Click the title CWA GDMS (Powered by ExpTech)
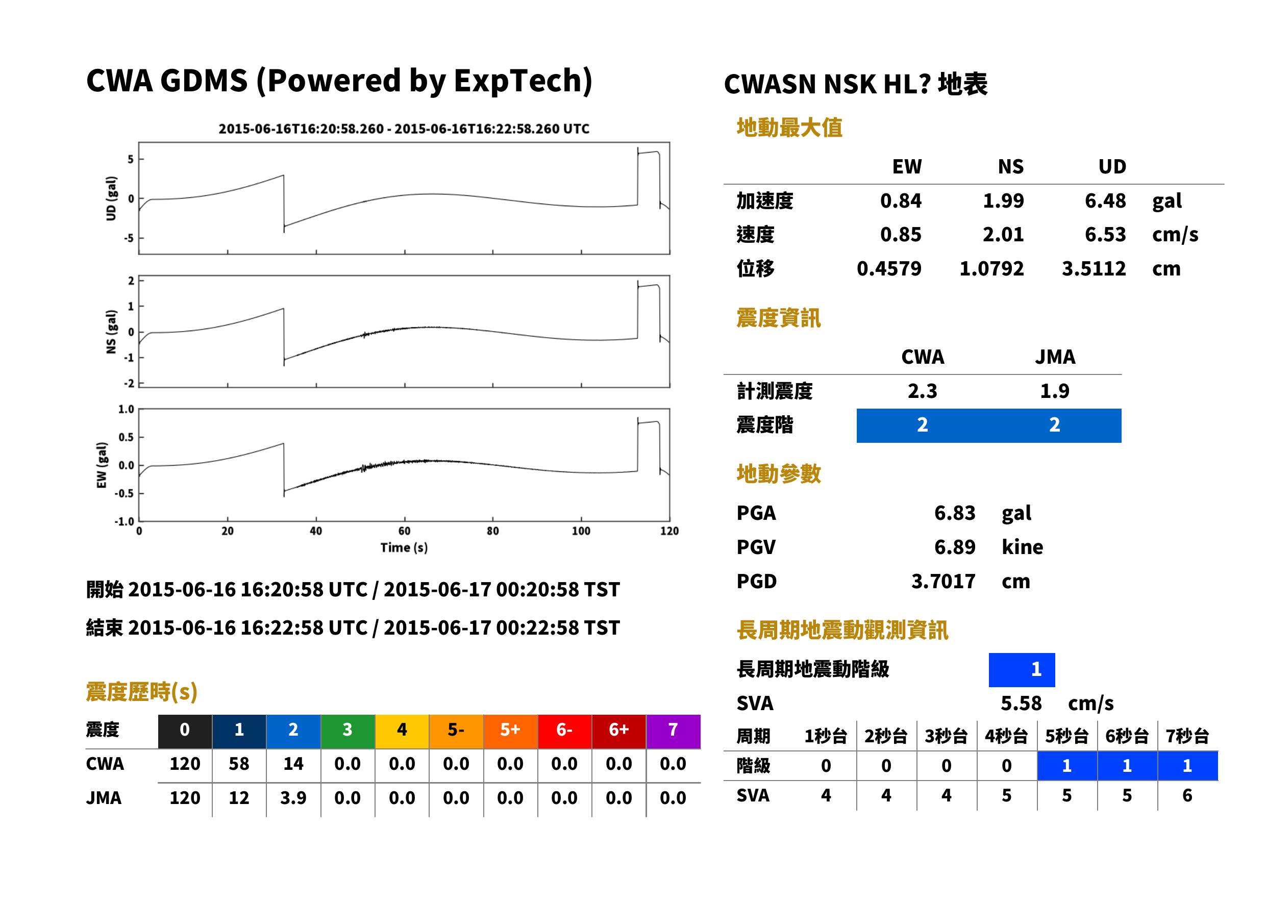[339, 81]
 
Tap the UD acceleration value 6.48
[1105, 200]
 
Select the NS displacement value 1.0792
[991, 268]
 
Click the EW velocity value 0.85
[900, 234]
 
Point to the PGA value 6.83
[954, 513]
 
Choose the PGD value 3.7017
[943, 581]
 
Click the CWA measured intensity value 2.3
[923, 391]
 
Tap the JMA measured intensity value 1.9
[1054, 391]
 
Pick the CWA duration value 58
[239, 764]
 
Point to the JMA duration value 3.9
[293, 798]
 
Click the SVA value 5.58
[1021, 703]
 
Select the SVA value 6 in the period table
[1187, 795]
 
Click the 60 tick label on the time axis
[404, 531]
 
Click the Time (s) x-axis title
[404, 548]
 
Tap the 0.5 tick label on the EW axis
[126, 437]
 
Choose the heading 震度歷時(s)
[142, 692]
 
